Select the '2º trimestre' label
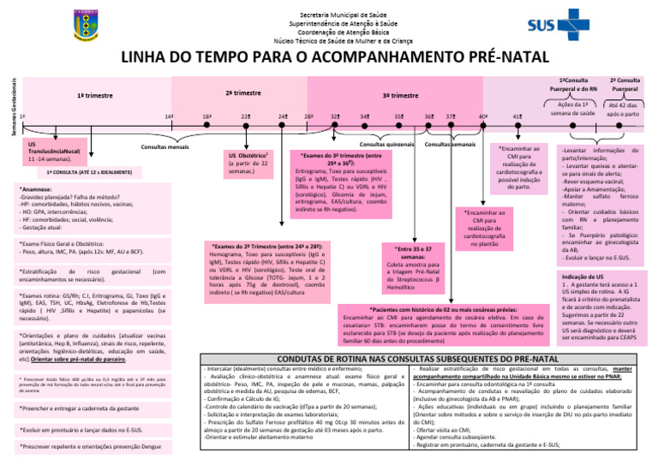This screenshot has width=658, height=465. [243, 92]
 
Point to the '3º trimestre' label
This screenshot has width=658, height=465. [400, 96]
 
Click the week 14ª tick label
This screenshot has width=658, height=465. [169, 116]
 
